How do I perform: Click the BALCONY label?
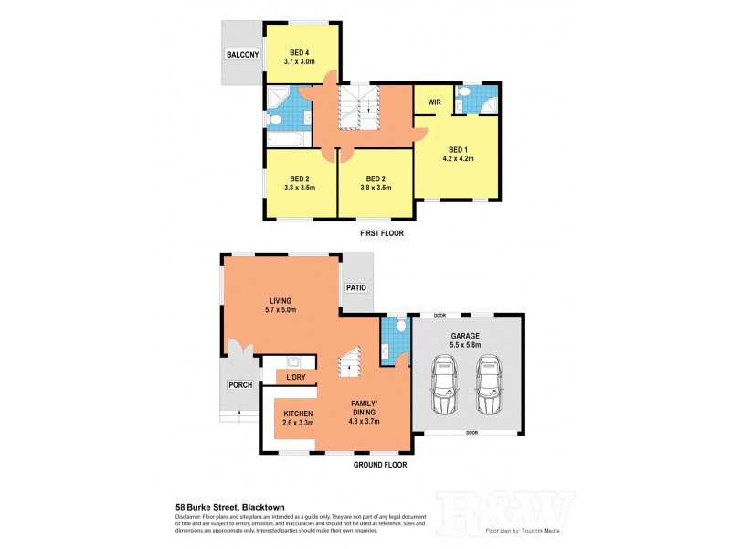243,55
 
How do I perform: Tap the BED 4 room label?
302,51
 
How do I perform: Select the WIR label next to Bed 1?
433,102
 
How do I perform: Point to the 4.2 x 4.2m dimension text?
460,158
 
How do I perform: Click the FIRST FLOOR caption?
381,233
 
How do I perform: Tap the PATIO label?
355,288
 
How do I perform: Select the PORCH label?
239,385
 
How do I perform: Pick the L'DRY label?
295,377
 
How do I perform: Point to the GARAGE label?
466,336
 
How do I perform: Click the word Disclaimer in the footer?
191,517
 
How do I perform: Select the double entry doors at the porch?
241,353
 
